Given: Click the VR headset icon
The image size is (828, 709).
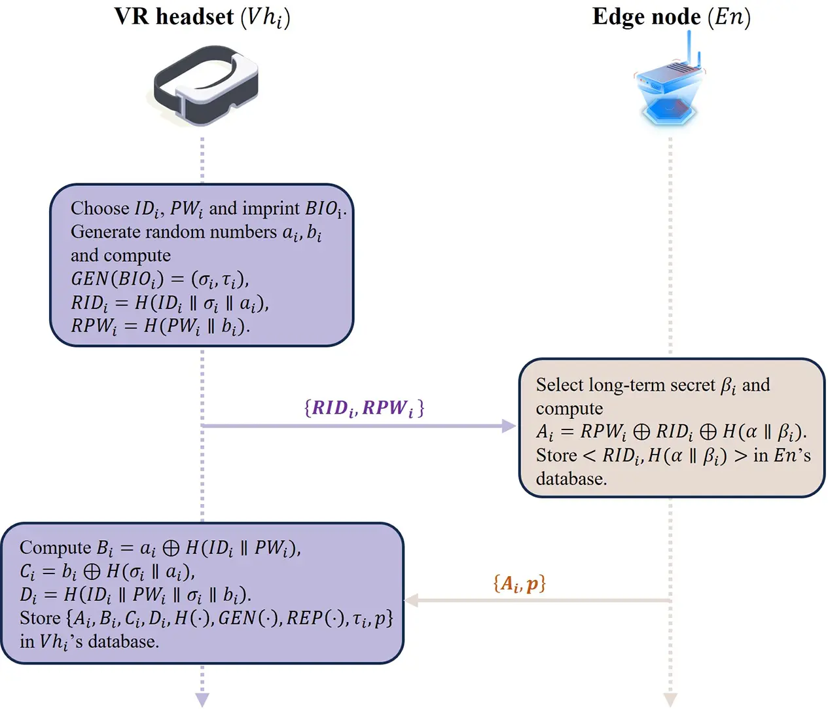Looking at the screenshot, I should coord(206,84).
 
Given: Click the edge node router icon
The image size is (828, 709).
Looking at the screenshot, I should coord(670,88).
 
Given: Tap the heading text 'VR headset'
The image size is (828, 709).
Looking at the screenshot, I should coord(174,16).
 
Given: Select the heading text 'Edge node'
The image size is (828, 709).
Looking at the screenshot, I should coord(646,16).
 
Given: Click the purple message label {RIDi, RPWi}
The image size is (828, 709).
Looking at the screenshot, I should coord(364,408).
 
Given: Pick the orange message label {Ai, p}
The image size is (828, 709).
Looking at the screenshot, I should coord(519,583).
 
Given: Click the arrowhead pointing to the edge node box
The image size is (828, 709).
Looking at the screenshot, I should coord(509,426).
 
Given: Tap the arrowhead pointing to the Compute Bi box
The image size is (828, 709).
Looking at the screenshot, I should coord(412,600).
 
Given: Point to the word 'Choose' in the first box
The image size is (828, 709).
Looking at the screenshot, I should coord(100,208).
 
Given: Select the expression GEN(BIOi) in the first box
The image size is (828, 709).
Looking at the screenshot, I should coord(117,279).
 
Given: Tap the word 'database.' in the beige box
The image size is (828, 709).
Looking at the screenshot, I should coord(571,479).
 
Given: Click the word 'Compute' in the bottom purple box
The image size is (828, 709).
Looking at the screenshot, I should coord(56,547).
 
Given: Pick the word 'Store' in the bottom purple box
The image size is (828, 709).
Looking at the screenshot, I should coord(40,618).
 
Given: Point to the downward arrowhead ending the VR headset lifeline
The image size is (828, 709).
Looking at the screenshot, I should coord(202,699).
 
